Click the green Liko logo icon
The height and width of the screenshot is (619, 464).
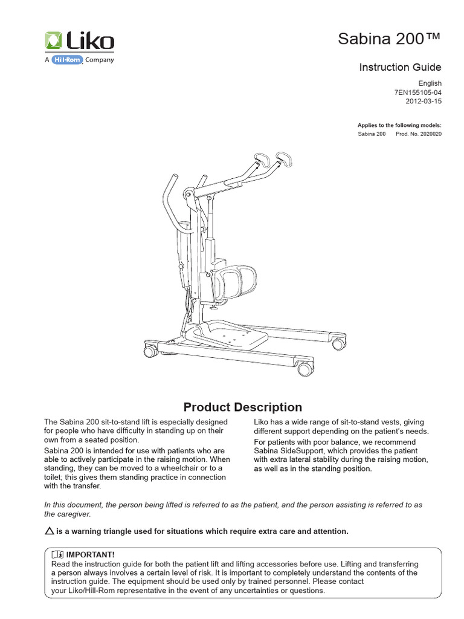[53, 42]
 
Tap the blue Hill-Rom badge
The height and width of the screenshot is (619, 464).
[66, 60]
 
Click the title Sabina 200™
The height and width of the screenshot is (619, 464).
[397, 40]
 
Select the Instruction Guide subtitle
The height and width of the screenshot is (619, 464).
[400, 67]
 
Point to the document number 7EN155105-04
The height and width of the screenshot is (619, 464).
[417, 92]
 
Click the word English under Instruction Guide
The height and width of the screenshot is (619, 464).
[430, 83]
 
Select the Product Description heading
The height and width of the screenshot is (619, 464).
[242, 407]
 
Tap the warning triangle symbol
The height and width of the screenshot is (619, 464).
[50, 531]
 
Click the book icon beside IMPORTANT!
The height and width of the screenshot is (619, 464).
[57, 554]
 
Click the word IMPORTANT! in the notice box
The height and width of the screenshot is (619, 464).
[90, 554]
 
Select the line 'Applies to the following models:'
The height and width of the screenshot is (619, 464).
[399, 125]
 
